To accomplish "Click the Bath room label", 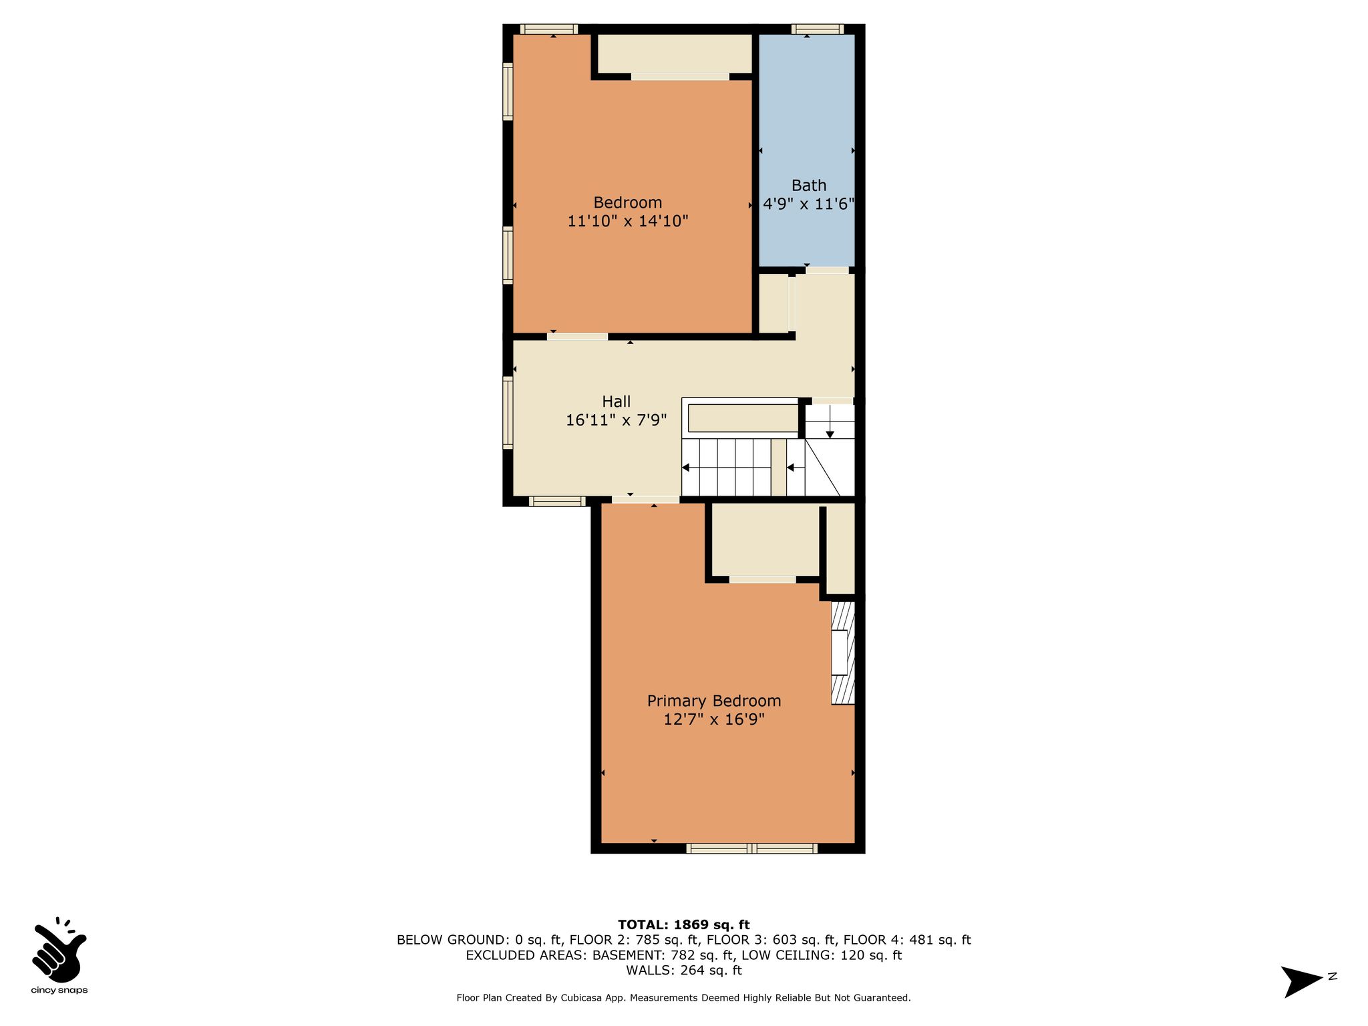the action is tap(808, 185).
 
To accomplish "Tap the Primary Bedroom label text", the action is tap(713, 701).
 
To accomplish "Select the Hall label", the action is tap(616, 401).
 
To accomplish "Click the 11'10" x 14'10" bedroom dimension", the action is tap(628, 221).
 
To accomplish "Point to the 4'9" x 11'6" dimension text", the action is tap(809, 204).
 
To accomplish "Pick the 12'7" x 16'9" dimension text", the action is tap(713, 719).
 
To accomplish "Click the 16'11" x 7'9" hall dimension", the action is tap(616, 420).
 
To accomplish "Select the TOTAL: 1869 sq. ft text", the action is tap(683, 924).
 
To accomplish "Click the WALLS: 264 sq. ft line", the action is tap(683, 971).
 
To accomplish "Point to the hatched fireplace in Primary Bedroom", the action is tap(843, 653).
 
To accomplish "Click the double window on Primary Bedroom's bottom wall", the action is tap(751, 848).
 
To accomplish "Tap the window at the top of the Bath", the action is tap(818, 29).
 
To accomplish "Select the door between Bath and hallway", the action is tap(827, 271).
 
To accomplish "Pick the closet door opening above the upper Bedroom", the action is tap(680, 77).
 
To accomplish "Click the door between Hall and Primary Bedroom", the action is tap(645, 500).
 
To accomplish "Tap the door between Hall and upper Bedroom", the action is tap(577, 337).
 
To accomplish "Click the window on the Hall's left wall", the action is tap(508, 412).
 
